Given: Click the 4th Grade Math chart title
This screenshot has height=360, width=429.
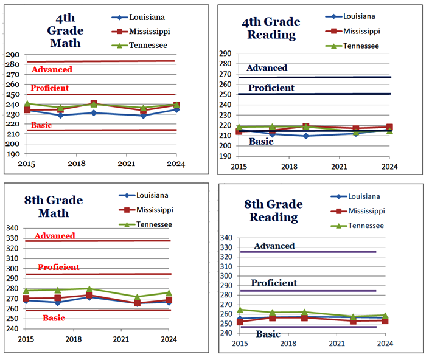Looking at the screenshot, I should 65,31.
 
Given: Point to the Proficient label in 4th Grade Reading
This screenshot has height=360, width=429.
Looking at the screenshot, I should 271,88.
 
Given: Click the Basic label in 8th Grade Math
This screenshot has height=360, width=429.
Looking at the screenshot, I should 54,318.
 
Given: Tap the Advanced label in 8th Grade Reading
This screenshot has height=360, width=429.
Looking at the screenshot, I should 274,246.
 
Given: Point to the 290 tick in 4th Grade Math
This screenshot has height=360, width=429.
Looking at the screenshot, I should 12,55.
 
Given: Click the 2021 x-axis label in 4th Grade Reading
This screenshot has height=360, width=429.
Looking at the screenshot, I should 339,166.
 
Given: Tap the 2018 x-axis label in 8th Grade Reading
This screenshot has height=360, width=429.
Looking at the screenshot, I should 289,344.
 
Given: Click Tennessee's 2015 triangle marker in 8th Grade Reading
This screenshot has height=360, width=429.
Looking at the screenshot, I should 240,310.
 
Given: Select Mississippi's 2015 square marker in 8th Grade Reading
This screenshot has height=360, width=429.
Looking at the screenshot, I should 240,322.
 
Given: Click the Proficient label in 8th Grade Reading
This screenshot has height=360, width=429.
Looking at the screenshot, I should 274,283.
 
